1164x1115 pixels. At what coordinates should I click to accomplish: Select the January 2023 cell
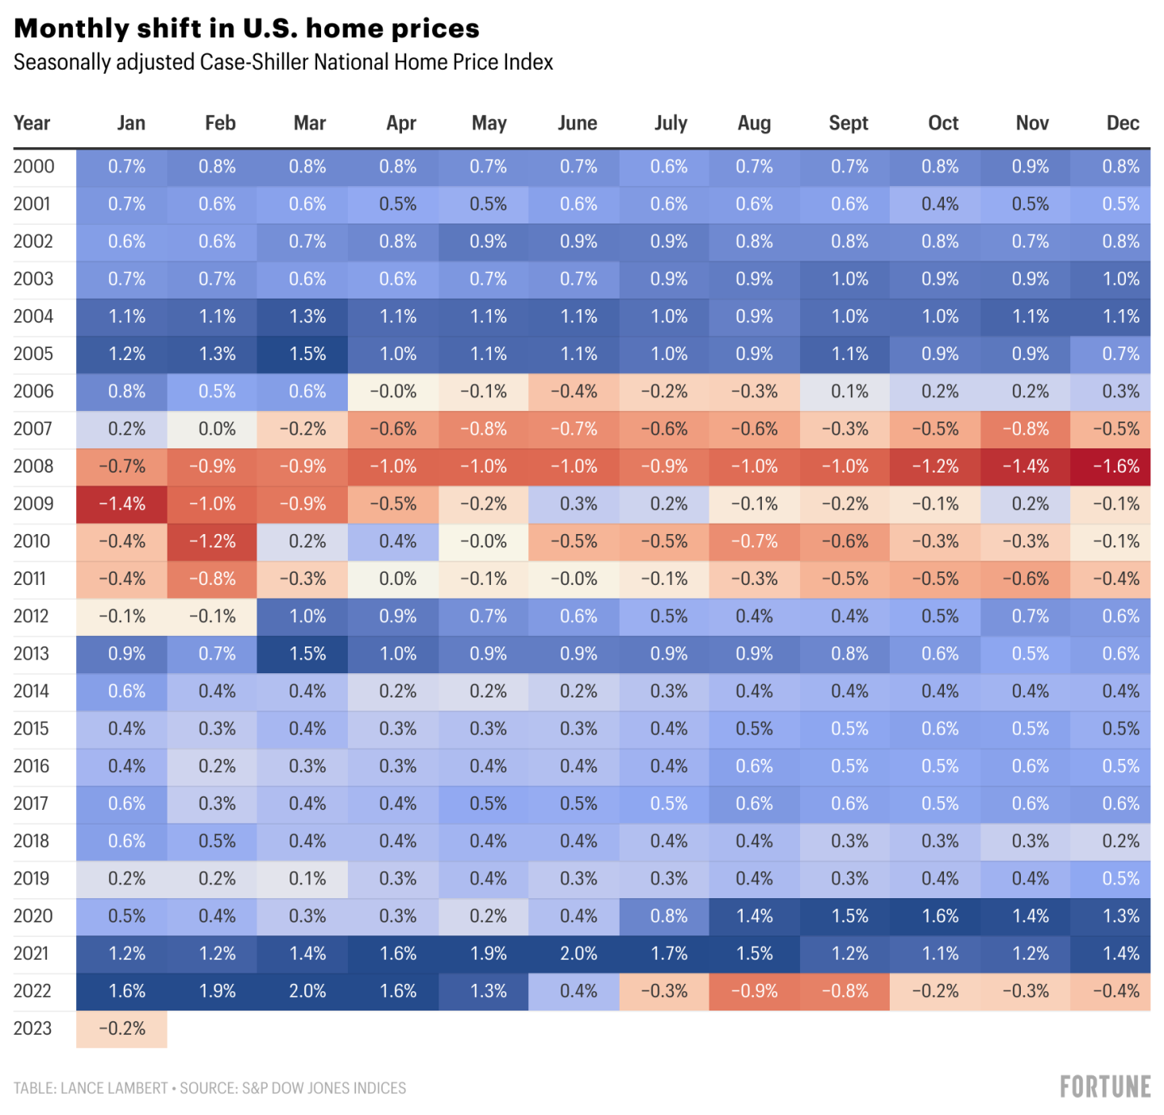pos(122,1028)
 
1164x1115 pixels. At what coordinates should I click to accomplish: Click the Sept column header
pos(848,123)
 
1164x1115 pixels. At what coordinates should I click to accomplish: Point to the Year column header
pos(32,123)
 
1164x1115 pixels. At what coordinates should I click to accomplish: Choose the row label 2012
pos(32,617)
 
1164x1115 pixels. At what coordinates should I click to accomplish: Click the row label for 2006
pos(33,392)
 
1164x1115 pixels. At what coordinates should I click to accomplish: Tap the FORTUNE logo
pos(1105,1087)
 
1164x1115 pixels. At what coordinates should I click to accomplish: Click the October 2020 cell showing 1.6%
pos(940,916)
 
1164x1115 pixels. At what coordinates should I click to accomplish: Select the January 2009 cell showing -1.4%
pos(122,504)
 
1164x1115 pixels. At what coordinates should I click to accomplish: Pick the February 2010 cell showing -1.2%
pos(213,541)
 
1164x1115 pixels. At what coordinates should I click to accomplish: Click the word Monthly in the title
pos(72,28)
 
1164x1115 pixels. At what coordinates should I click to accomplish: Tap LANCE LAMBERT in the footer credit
pos(114,1088)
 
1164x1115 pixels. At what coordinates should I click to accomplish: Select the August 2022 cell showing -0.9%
pos(755,991)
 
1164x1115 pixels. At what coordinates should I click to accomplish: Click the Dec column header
pos(1123,123)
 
